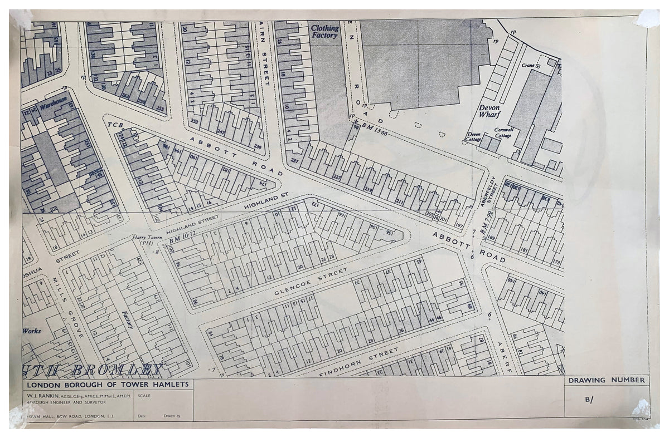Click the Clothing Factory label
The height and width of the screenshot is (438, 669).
(324, 32)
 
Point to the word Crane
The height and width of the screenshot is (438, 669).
(528, 65)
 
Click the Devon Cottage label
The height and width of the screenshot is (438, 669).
(474, 137)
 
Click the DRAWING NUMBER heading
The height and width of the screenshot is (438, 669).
(607, 381)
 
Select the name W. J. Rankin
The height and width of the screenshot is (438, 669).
(41, 396)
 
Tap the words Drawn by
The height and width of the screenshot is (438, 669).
(172, 415)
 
